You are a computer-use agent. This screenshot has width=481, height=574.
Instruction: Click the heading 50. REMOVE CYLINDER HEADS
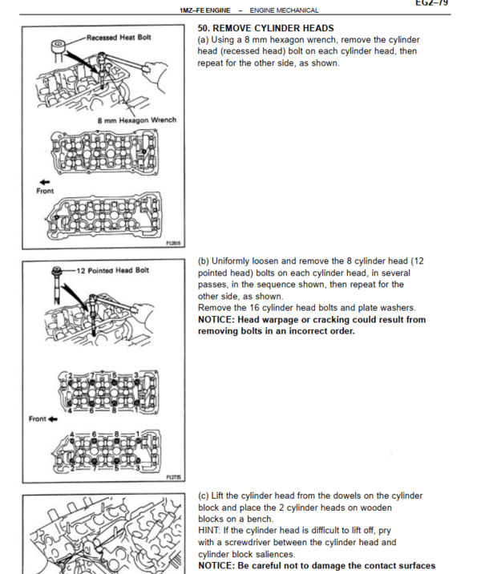(x=265, y=28)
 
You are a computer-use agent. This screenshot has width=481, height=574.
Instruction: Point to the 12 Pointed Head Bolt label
(x=112, y=270)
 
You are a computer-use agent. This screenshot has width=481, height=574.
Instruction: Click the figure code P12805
(x=172, y=242)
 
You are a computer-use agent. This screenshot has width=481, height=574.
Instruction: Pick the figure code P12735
(x=172, y=476)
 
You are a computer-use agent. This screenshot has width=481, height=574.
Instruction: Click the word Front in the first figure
(x=46, y=191)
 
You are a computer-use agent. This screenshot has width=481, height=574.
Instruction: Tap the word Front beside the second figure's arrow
(x=36, y=419)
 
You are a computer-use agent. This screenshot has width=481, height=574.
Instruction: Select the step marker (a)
(x=204, y=39)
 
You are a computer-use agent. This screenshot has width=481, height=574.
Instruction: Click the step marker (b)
(x=204, y=261)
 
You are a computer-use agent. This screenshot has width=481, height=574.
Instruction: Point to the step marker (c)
(x=204, y=496)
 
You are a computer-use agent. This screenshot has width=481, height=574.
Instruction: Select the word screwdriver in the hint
(x=253, y=543)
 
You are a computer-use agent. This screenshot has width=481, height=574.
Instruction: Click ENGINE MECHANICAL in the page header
(x=284, y=10)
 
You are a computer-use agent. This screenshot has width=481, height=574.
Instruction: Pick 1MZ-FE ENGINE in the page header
(x=205, y=10)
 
